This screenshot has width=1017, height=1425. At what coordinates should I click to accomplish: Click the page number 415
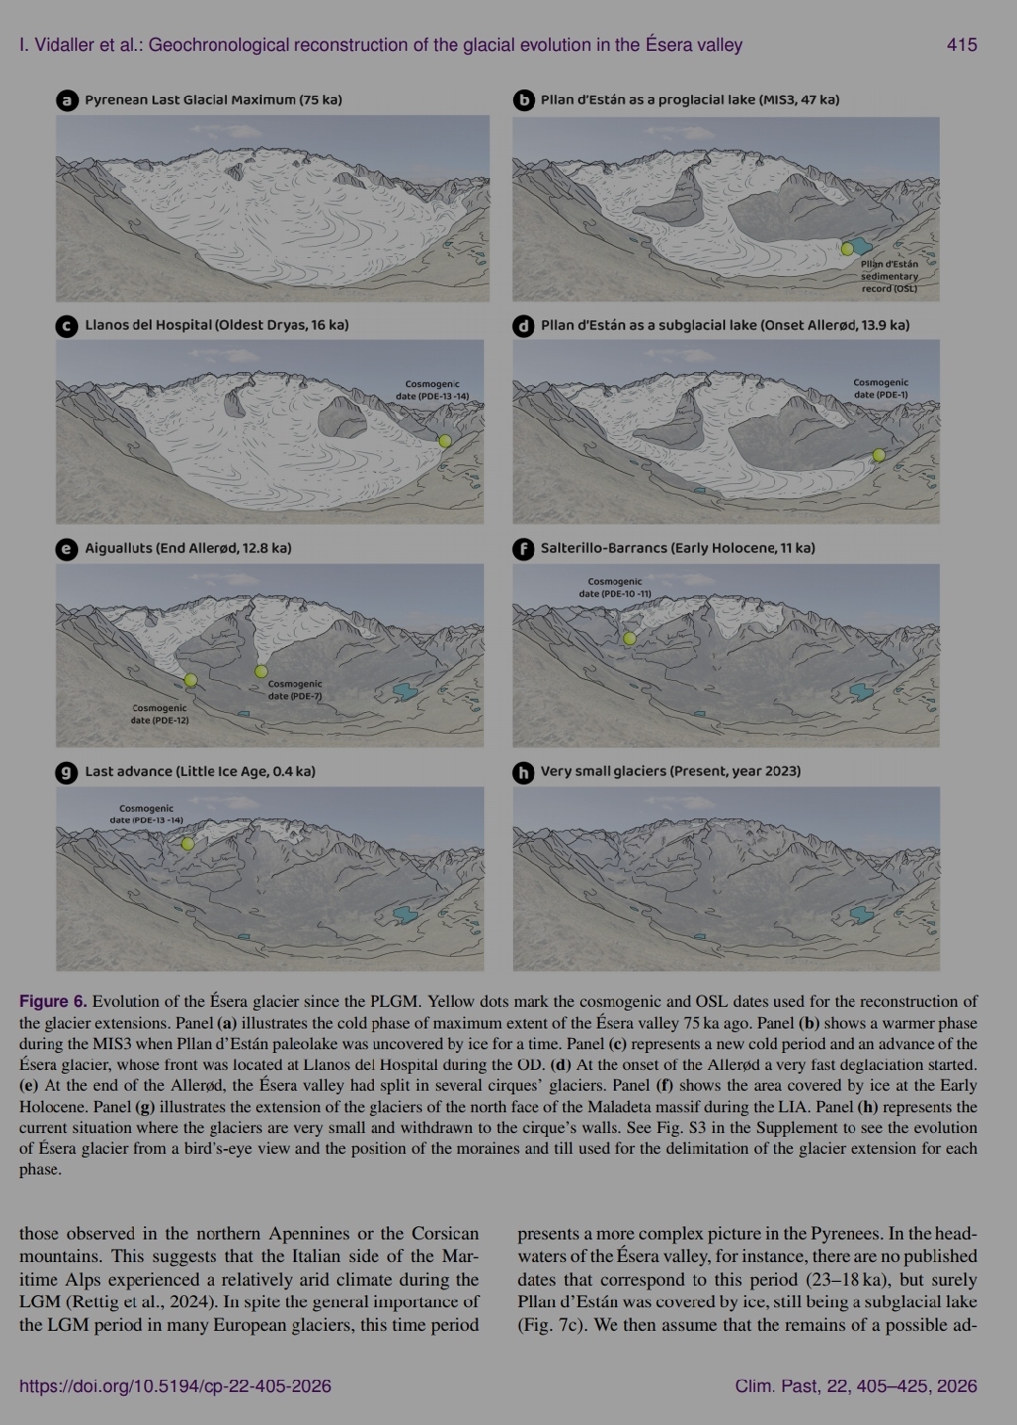click(961, 44)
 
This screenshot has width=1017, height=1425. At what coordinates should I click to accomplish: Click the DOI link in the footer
click(175, 1385)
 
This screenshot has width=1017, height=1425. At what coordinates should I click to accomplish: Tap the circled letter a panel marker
click(67, 100)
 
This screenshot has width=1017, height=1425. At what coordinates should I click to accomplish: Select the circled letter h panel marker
click(523, 772)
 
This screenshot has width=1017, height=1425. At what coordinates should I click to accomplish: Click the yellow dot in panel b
click(847, 249)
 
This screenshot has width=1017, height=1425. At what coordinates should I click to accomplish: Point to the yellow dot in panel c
click(445, 441)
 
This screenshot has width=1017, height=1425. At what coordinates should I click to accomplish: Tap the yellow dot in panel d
click(879, 455)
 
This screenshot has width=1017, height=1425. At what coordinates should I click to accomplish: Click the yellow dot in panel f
click(629, 639)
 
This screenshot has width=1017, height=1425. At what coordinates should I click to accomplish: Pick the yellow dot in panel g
click(187, 844)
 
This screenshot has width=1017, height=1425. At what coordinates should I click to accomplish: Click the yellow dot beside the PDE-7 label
click(261, 672)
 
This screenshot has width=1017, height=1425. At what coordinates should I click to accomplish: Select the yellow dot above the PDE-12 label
click(190, 680)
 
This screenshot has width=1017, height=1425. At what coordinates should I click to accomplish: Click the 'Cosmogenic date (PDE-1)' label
click(880, 388)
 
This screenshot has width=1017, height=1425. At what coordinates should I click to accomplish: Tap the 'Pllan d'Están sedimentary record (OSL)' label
click(889, 276)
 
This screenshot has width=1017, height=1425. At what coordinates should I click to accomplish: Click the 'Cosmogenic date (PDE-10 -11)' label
click(614, 588)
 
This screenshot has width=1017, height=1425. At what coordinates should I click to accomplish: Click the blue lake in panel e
click(404, 690)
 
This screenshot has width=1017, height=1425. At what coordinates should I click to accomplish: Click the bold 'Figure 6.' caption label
click(53, 1001)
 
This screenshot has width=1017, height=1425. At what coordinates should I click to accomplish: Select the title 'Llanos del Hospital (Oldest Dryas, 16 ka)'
click(217, 325)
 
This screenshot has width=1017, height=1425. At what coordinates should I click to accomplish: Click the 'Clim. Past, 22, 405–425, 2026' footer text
click(855, 1385)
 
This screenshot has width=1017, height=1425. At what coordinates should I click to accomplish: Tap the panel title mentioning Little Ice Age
click(200, 771)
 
